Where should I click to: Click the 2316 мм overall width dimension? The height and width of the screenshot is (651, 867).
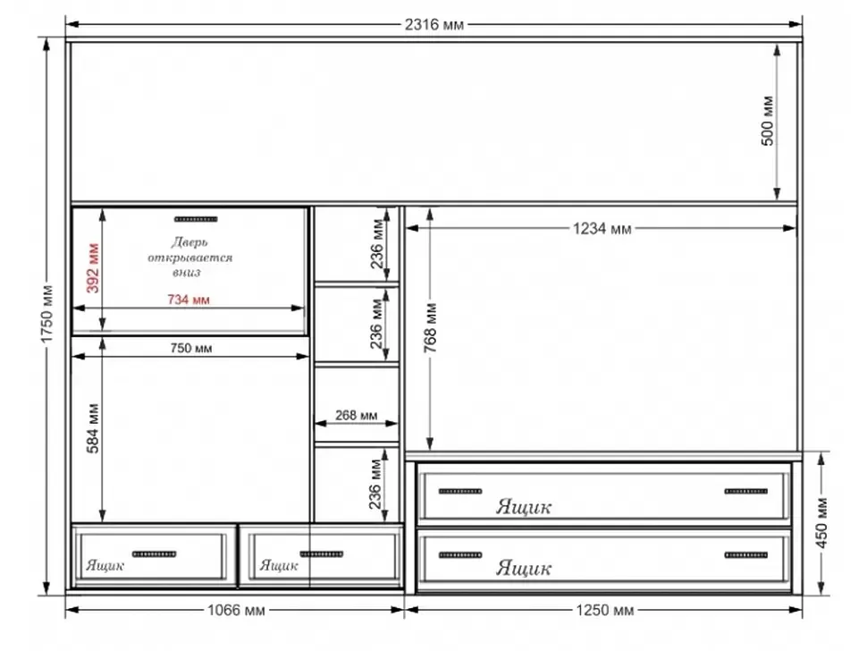coord(434,24)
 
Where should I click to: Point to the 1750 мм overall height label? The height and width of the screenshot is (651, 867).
coord(46,314)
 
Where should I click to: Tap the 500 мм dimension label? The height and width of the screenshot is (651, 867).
coord(768,121)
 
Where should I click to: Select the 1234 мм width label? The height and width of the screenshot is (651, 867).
coord(602,228)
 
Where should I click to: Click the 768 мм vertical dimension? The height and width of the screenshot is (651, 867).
coord(431,327)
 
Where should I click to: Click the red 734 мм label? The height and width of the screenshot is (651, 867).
coord(189,300)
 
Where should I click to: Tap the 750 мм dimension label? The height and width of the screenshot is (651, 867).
coord(190,348)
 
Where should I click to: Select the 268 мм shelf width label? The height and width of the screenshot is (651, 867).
coord(356,415)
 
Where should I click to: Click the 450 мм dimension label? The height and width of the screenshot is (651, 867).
coord(821,523)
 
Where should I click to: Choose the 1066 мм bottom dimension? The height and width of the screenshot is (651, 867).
coord(236,610)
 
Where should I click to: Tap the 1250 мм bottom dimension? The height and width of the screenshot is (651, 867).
coord(604,610)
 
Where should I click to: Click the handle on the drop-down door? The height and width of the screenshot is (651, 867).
coord(196,219)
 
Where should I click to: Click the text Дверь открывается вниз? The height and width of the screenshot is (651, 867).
coord(189,258)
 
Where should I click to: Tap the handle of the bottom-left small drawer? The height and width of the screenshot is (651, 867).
coord(155,554)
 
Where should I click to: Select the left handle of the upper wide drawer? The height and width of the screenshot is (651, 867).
coord(460,491)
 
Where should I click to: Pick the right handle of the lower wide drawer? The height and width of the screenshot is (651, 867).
coord(746,554)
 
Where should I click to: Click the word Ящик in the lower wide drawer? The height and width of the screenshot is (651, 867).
coord(523,568)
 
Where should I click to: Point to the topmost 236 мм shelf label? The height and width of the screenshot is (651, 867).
coord(377,244)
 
